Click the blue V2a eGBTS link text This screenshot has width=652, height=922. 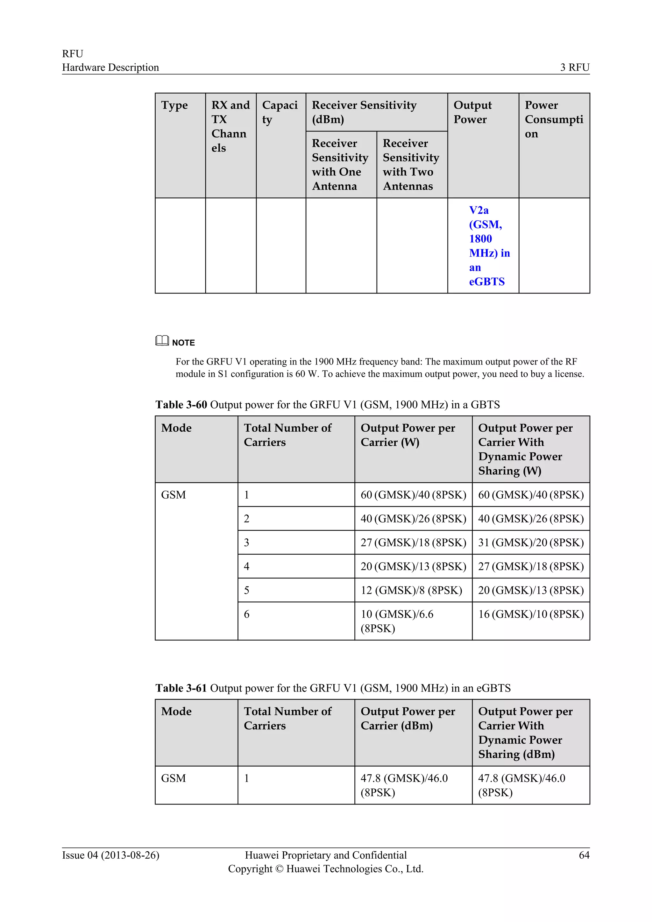[x=489, y=246]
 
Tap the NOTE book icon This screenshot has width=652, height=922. [x=162, y=341]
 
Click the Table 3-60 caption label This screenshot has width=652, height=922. [x=181, y=404]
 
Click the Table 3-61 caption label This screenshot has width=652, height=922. [x=181, y=688]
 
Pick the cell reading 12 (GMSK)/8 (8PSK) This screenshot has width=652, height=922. [x=411, y=590]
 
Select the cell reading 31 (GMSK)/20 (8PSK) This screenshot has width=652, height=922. [x=530, y=543]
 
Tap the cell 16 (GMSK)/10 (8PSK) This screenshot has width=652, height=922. [x=530, y=614]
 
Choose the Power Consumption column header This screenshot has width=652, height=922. [x=553, y=119]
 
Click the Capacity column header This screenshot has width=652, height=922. [x=280, y=112]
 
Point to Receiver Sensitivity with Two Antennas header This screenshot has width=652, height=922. [x=411, y=165]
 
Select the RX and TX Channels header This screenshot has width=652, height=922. [x=230, y=126]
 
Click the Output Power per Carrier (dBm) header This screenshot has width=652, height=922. [x=407, y=719]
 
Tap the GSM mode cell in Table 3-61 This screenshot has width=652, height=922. [x=174, y=778]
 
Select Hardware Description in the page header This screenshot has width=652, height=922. [x=110, y=67]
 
